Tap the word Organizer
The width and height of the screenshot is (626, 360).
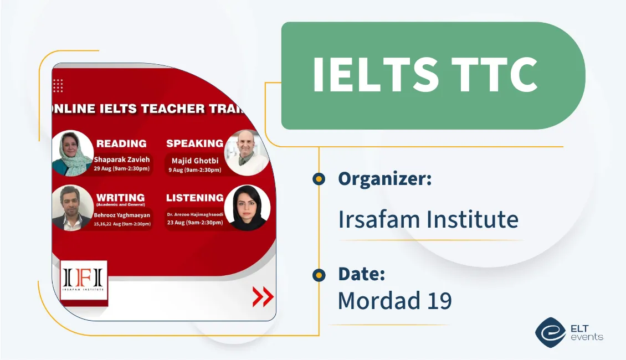tap(384, 179)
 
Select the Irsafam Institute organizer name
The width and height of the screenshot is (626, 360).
tap(428, 219)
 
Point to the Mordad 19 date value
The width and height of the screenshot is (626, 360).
tap(394, 300)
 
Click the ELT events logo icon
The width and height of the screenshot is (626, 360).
tap(550, 332)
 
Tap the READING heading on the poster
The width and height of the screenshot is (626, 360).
tap(121, 143)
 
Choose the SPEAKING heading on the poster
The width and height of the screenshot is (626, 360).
tap(194, 143)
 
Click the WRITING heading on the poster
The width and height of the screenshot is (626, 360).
tap(120, 197)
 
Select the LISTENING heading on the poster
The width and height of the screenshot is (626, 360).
tap(195, 198)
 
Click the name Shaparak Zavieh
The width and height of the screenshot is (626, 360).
tap(122, 160)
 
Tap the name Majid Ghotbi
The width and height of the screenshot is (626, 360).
tap(195, 161)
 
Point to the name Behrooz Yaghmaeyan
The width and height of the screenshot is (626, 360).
tap(122, 214)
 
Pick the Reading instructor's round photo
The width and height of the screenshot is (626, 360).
tap(73, 153)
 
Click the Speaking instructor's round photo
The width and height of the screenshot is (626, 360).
tap(247, 152)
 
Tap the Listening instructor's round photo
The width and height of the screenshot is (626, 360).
tap(247, 208)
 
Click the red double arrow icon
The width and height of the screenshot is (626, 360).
tap(263, 297)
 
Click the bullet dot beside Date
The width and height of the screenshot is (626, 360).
tap(319, 275)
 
